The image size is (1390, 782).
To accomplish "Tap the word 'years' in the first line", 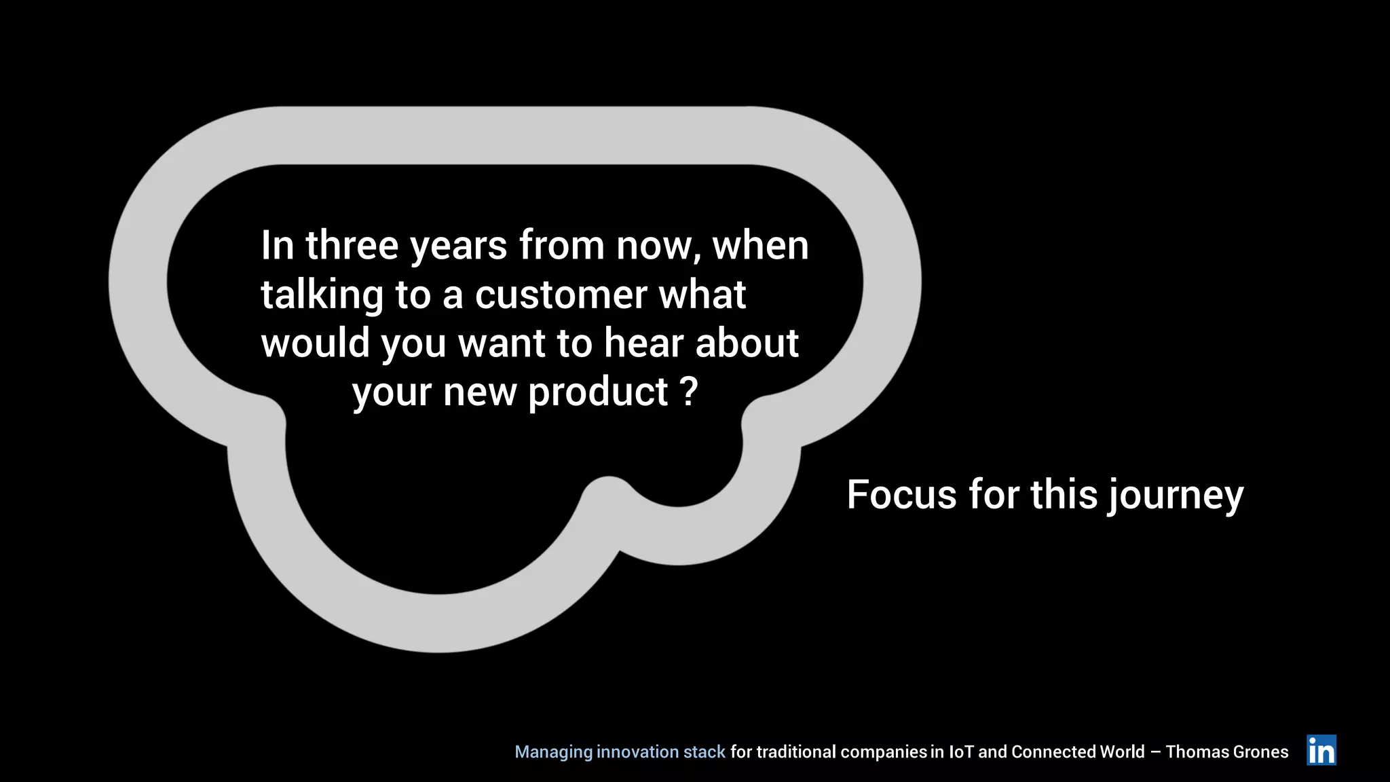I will (x=459, y=247).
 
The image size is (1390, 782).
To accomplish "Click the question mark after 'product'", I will (x=688, y=392).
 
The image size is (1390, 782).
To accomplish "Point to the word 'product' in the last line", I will (x=599, y=393).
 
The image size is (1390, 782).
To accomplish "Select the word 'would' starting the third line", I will (x=316, y=343).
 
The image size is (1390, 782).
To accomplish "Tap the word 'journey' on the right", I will (x=1176, y=496).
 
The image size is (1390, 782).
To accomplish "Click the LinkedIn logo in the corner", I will (x=1321, y=750).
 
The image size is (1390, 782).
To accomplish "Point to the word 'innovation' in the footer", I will (x=637, y=752).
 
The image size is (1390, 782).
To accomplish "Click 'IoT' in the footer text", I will (x=961, y=752).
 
